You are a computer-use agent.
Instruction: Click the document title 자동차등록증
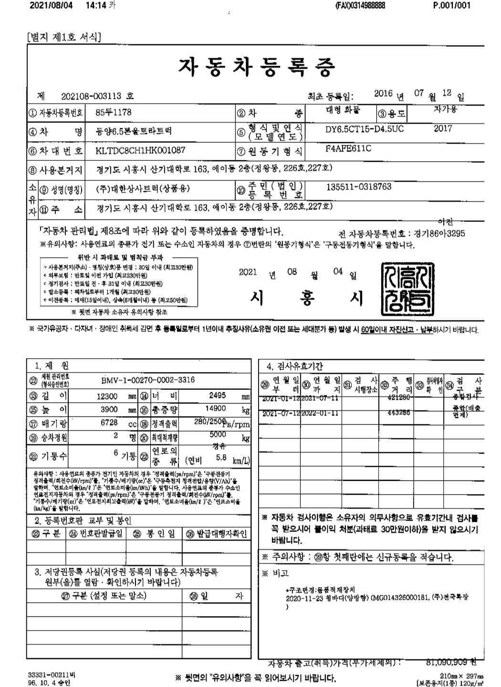[x=256, y=67]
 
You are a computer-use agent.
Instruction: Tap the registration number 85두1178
[x=114, y=113]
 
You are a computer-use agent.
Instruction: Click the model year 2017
[x=443, y=128]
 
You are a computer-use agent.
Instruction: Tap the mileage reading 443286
[x=399, y=413]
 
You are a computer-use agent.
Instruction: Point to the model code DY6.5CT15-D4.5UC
[x=364, y=129]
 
